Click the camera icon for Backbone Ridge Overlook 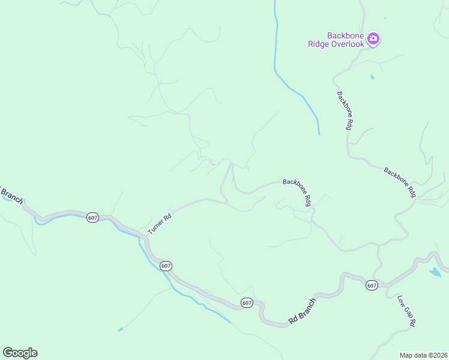(373, 40)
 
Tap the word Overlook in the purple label (346, 44)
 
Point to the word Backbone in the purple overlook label (346, 36)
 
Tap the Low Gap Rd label (406, 310)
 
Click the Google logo (20, 353)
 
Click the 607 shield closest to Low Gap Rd (372, 286)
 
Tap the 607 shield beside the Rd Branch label (247, 303)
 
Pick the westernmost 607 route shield (92, 218)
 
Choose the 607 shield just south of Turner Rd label (166, 265)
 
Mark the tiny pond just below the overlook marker (372, 77)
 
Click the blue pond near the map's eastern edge (435, 273)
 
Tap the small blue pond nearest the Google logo (121, 329)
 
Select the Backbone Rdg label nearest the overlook (344, 110)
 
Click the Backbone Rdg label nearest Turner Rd (297, 192)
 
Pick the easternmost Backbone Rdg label (400, 182)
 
